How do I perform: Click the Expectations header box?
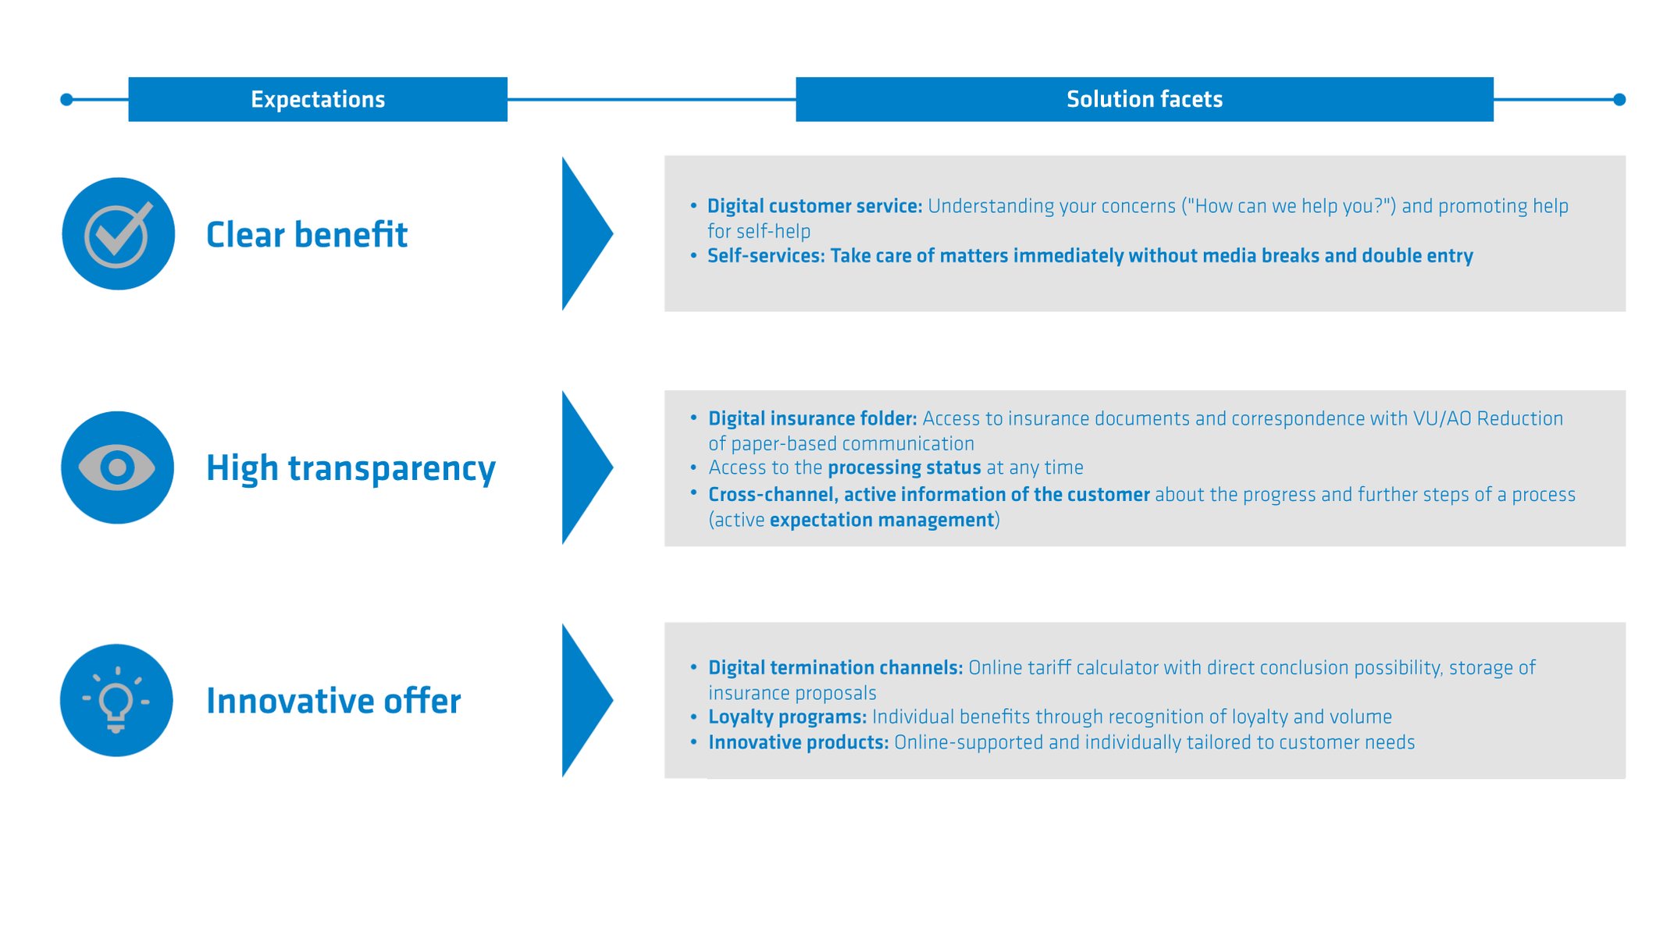coord(317,99)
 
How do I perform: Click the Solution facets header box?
coord(1144,99)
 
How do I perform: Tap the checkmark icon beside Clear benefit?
coord(118,233)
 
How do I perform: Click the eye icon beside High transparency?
coord(117,467)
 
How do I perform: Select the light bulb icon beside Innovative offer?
coord(116,700)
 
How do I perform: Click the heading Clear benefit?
coord(306,234)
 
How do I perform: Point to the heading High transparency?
coord(351,467)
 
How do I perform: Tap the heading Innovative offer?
coord(333,700)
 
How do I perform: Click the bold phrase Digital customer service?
coord(814,206)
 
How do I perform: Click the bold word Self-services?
coord(765,256)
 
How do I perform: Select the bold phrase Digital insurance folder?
coord(812,418)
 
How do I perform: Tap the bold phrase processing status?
coord(903,467)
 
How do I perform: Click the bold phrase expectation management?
coord(881,520)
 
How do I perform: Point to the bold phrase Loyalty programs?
coord(787,716)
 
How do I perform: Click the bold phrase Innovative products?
coord(798,742)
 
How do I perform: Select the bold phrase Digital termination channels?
coord(835,667)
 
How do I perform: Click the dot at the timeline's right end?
coord(1618,99)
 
